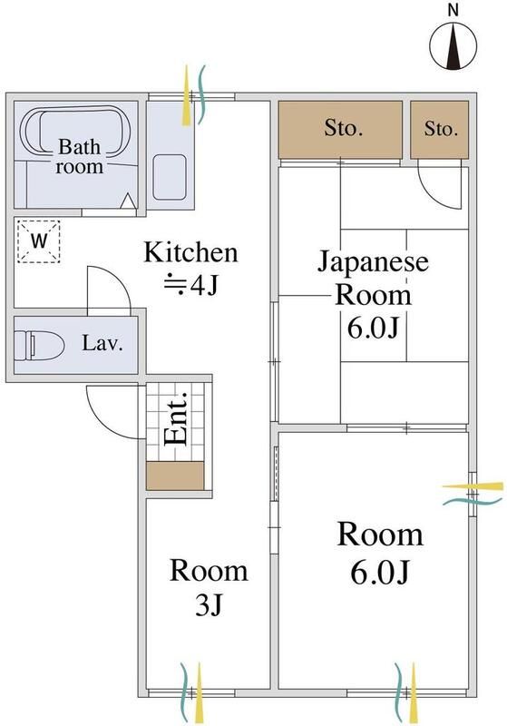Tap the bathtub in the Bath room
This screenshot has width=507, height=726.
77,144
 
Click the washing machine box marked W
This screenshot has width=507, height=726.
39,241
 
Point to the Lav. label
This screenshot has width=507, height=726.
102,344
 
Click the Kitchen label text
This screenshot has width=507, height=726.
192,252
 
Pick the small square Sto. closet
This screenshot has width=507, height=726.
441,129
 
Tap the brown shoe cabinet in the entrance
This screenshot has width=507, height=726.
177,476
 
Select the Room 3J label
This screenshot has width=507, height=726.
210,587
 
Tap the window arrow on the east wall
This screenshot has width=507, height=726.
472,494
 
